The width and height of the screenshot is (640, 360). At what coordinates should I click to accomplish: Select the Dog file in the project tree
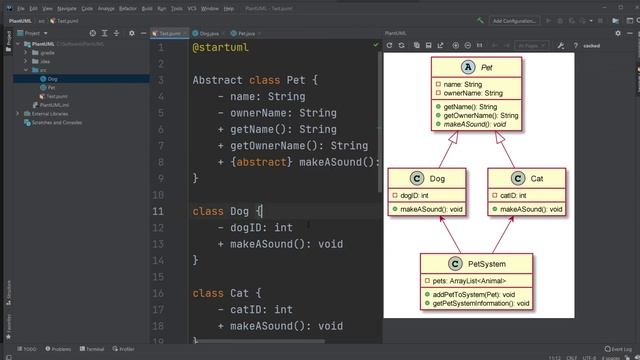[x=52, y=78]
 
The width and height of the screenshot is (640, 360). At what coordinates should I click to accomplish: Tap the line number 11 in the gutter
[x=158, y=212]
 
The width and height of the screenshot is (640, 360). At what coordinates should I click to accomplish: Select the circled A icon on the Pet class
[x=470, y=66]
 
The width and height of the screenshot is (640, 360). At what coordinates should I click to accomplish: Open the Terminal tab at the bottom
[x=92, y=349]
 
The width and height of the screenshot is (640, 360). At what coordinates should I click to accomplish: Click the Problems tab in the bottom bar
[x=58, y=349]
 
